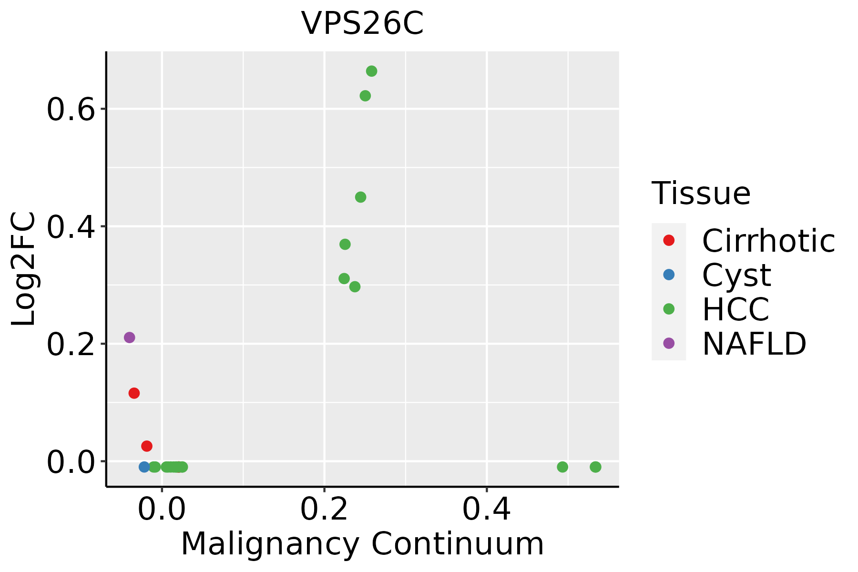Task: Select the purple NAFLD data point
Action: (x=129, y=337)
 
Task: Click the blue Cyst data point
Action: (x=144, y=467)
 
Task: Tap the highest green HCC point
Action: (x=371, y=71)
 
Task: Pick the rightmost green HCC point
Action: (x=595, y=467)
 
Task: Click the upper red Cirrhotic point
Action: (x=134, y=393)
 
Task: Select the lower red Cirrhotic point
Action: (x=147, y=446)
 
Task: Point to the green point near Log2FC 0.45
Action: (x=361, y=197)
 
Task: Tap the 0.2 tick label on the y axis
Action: (x=71, y=345)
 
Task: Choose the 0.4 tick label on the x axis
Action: (x=487, y=510)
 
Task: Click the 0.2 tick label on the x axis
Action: (x=324, y=510)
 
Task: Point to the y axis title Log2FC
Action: (x=24, y=269)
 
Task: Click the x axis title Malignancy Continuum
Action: (x=362, y=544)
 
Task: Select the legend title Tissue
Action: (x=701, y=194)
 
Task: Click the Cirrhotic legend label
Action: (x=768, y=241)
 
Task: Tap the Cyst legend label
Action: (x=736, y=275)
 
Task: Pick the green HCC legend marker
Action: (x=669, y=309)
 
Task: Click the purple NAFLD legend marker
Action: (x=669, y=343)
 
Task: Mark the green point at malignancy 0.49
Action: (x=562, y=467)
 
